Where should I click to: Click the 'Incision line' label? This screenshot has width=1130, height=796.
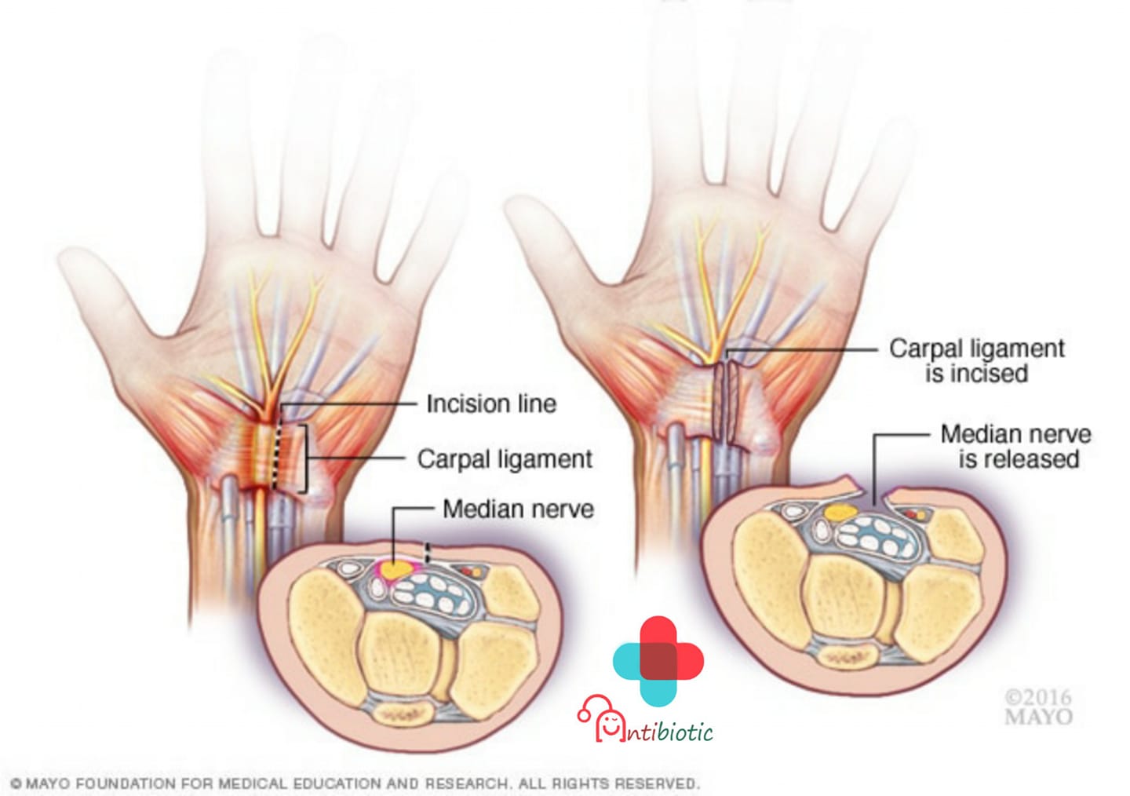(x=491, y=403)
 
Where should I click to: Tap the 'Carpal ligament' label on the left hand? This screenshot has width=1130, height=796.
(x=505, y=459)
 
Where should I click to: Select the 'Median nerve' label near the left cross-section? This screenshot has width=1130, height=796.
(x=518, y=509)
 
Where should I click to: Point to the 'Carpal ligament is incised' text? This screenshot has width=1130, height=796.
(x=977, y=361)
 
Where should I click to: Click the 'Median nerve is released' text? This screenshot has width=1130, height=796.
(x=1016, y=447)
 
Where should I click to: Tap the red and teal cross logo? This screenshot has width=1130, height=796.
(x=658, y=661)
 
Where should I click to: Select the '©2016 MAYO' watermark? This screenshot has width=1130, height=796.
(x=1038, y=707)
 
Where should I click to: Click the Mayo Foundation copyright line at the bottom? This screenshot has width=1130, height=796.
(x=355, y=783)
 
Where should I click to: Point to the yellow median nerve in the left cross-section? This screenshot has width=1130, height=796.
(x=395, y=569)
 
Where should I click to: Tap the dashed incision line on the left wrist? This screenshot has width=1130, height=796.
(x=275, y=446)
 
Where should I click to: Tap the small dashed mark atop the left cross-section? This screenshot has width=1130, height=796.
(x=427, y=553)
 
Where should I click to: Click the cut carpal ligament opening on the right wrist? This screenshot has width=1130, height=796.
(x=726, y=403)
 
